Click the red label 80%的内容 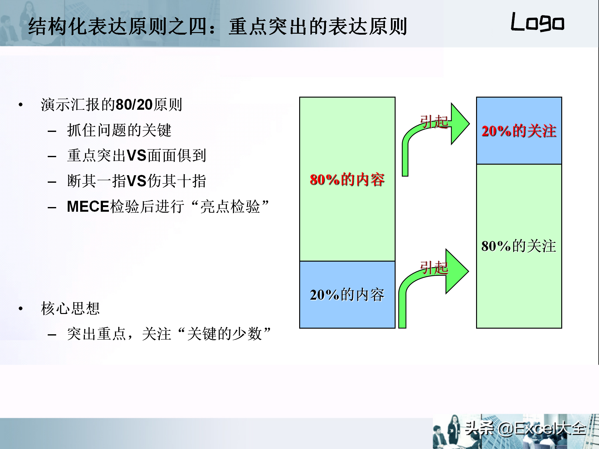click(347, 180)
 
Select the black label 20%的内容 click(347, 295)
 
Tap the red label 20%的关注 click(519, 131)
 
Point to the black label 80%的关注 click(519, 246)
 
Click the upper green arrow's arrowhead click(460, 124)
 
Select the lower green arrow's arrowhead click(457, 271)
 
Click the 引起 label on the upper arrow click(434, 122)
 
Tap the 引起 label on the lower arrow click(434, 268)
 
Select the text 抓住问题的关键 click(119, 130)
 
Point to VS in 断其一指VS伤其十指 click(137, 181)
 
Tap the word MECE click(88, 207)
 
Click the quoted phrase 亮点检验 click(230, 207)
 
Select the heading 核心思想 click(71, 309)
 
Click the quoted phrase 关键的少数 click(225, 334)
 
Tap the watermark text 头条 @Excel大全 click(525, 428)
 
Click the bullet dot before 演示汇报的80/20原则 click(21, 105)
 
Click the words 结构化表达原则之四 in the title click(119, 27)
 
